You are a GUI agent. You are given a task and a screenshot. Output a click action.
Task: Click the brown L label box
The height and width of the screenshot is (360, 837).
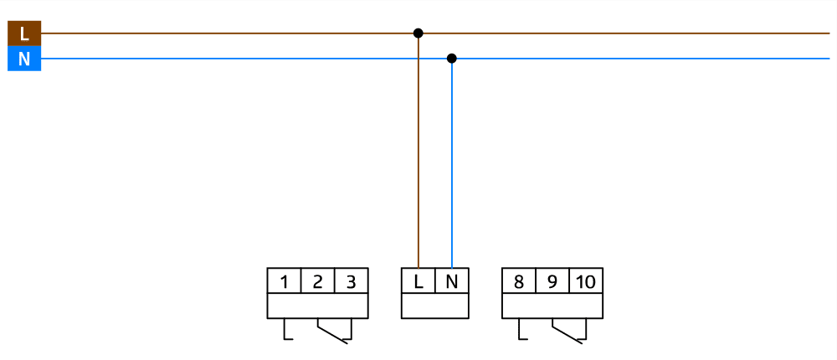[24, 33]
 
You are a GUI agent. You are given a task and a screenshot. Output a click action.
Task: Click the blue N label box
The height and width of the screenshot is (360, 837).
[24, 59]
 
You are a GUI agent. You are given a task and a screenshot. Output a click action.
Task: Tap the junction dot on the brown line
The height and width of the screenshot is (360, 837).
[418, 33]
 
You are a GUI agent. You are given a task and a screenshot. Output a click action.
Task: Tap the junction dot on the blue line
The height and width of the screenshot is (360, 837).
[452, 59]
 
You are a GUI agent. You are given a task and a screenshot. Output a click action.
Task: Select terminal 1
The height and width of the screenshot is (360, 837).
[285, 281]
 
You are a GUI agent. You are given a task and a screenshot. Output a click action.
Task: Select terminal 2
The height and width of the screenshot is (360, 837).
[318, 281]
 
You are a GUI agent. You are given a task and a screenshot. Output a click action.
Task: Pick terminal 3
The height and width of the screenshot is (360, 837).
[352, 281]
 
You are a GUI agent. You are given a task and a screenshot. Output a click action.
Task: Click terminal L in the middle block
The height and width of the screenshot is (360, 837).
[418, 281]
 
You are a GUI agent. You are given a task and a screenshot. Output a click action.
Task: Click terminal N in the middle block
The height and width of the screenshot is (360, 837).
[452, 281]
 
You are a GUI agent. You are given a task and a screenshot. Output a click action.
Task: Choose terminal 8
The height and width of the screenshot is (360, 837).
[519, 281]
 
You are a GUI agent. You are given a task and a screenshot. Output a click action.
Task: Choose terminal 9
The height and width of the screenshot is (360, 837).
[552, 281]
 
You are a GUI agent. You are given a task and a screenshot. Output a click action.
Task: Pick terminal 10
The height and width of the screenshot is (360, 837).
[586, 281]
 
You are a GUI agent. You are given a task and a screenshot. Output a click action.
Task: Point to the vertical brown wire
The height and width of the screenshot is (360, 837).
[418, 151]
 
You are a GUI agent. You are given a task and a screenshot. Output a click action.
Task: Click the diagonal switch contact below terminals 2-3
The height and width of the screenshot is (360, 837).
[332, 332]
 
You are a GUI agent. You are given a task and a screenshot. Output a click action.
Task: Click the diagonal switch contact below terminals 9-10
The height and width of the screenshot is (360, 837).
[567, 332]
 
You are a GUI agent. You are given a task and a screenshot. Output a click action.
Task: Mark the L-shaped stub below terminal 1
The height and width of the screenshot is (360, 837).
[286, 333]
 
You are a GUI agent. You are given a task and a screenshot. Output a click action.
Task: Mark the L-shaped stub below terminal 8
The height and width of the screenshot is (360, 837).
[521, 333]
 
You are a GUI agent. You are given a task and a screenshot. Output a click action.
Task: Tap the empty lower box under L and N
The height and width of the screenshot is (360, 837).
[435, 306]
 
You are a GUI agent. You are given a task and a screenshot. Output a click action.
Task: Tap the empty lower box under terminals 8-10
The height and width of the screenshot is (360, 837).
[552, 306]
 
